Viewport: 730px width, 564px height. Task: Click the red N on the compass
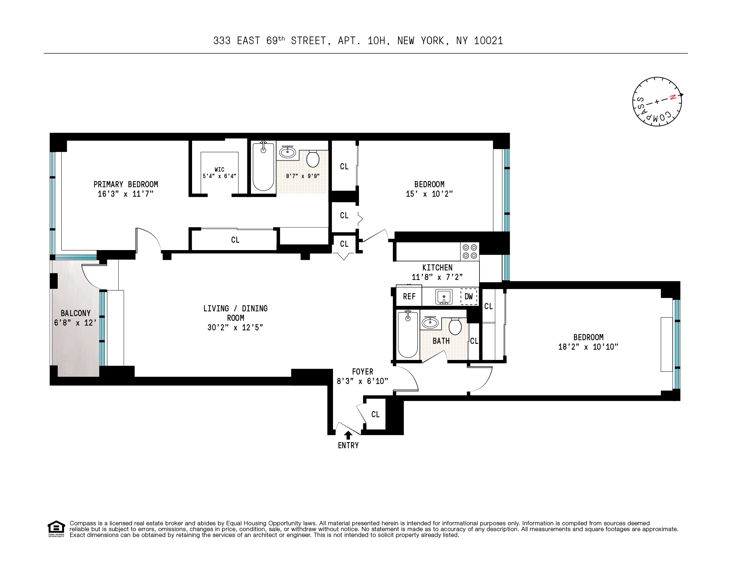pos(672,97)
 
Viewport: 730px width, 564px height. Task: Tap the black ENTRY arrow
pos(348,435)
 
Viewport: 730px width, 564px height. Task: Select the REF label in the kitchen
pos(409,296)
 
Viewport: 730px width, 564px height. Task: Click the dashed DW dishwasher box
pos(469,296)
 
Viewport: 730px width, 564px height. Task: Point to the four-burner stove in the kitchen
pos(470,252)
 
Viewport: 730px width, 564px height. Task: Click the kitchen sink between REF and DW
pos(444,296)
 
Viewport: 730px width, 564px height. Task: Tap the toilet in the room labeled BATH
pos(455,326)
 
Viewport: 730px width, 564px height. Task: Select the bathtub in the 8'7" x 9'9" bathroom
pos(263,167)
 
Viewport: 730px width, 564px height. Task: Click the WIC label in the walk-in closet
pos(219,169)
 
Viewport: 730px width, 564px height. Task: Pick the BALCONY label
pos(76,313)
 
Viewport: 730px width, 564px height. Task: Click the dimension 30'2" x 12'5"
pos(235,327)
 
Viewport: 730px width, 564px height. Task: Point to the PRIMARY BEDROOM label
pos(126,184)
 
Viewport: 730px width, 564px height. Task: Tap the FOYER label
pos(362,372)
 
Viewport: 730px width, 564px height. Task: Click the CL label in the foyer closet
pos(375,414)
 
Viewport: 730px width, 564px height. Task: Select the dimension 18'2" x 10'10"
pos(588,347)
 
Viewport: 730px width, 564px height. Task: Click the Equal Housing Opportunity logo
pos(56,529)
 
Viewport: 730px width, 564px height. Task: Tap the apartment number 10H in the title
pos(376,41)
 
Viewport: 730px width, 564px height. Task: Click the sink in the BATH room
pos(430,323)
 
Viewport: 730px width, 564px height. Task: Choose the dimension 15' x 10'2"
pos(429,194)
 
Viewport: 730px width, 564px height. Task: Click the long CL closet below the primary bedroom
pos(235,240)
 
